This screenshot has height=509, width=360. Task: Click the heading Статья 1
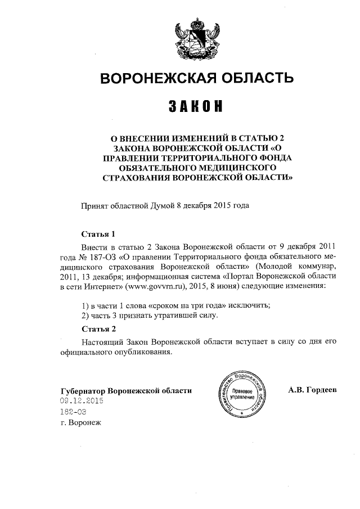(98, 233)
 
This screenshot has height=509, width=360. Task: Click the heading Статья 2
(98, 328)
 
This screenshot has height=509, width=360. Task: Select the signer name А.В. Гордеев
(312, 389)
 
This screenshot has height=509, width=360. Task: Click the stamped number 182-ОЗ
(72, 412)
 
